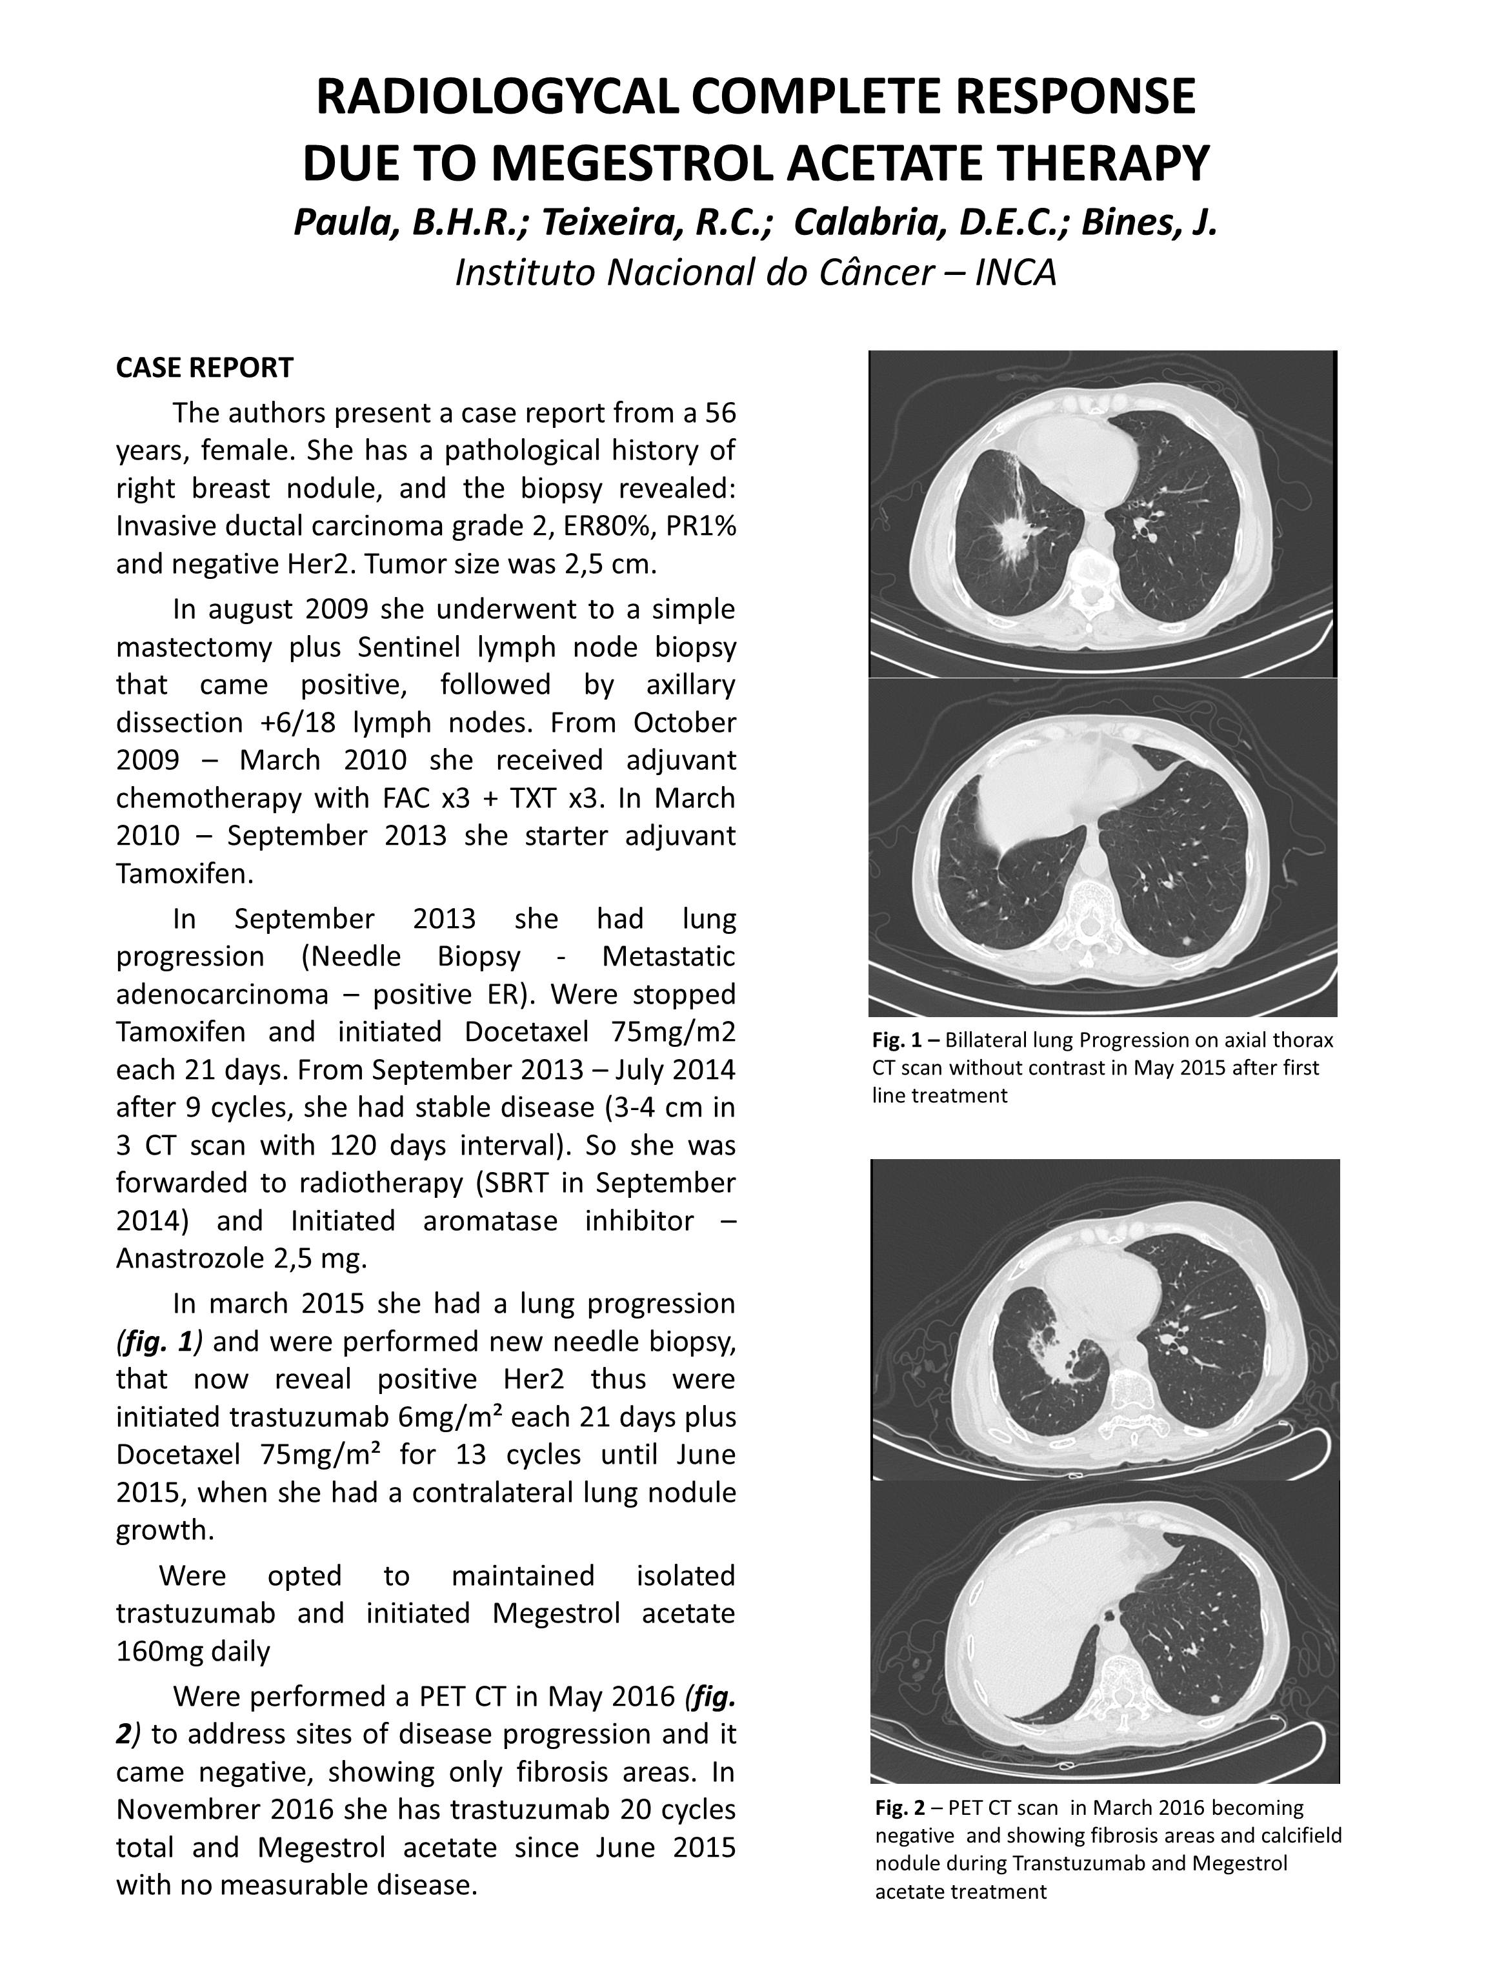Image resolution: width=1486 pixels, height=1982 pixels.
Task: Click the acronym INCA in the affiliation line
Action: (x=1015, y=272)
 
